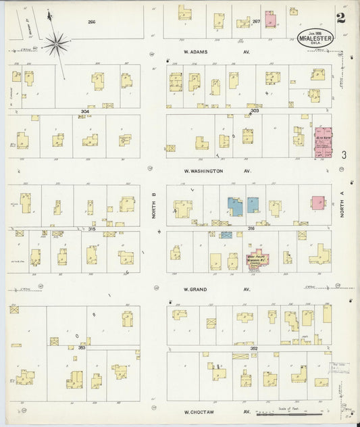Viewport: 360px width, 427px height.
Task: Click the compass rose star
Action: coord(56,45)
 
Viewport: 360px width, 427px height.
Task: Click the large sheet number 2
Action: coord(341,18)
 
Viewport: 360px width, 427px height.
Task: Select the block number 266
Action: coord(91,22)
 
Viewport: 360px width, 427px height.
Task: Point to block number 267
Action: coord(256,22)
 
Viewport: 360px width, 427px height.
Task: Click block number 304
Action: coord(84,111)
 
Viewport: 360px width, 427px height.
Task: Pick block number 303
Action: coord(255,110)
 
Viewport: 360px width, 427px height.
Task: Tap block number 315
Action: coord(91,229)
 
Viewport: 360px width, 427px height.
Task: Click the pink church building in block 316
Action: coord(257,260)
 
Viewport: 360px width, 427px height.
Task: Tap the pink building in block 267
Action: coord(270,19)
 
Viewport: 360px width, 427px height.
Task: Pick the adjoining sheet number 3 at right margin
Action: coord(344,155)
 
